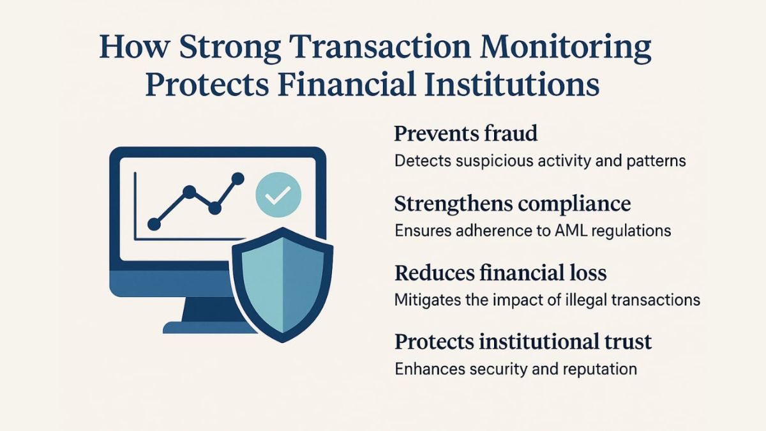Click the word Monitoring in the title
566,48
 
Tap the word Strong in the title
230,48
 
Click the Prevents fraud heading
466,133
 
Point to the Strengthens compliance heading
513,204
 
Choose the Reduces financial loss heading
500,273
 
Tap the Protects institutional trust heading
523,342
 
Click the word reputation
599,370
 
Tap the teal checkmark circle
278,195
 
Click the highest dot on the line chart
237,179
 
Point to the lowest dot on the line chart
154,224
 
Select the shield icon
282,285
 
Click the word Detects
423,161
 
